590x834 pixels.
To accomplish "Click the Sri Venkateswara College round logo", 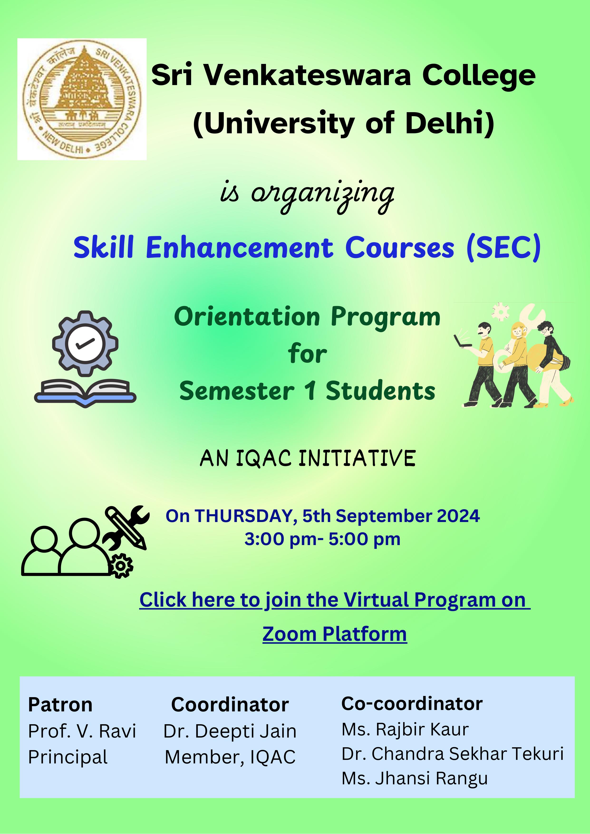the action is coord(82,99).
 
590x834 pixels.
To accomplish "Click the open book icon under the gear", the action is coord(85,392).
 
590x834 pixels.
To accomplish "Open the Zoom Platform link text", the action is coord(335,634).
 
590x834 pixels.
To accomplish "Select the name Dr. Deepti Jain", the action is coord(230,731).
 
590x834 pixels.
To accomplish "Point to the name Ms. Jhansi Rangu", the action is coord(415,778).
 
